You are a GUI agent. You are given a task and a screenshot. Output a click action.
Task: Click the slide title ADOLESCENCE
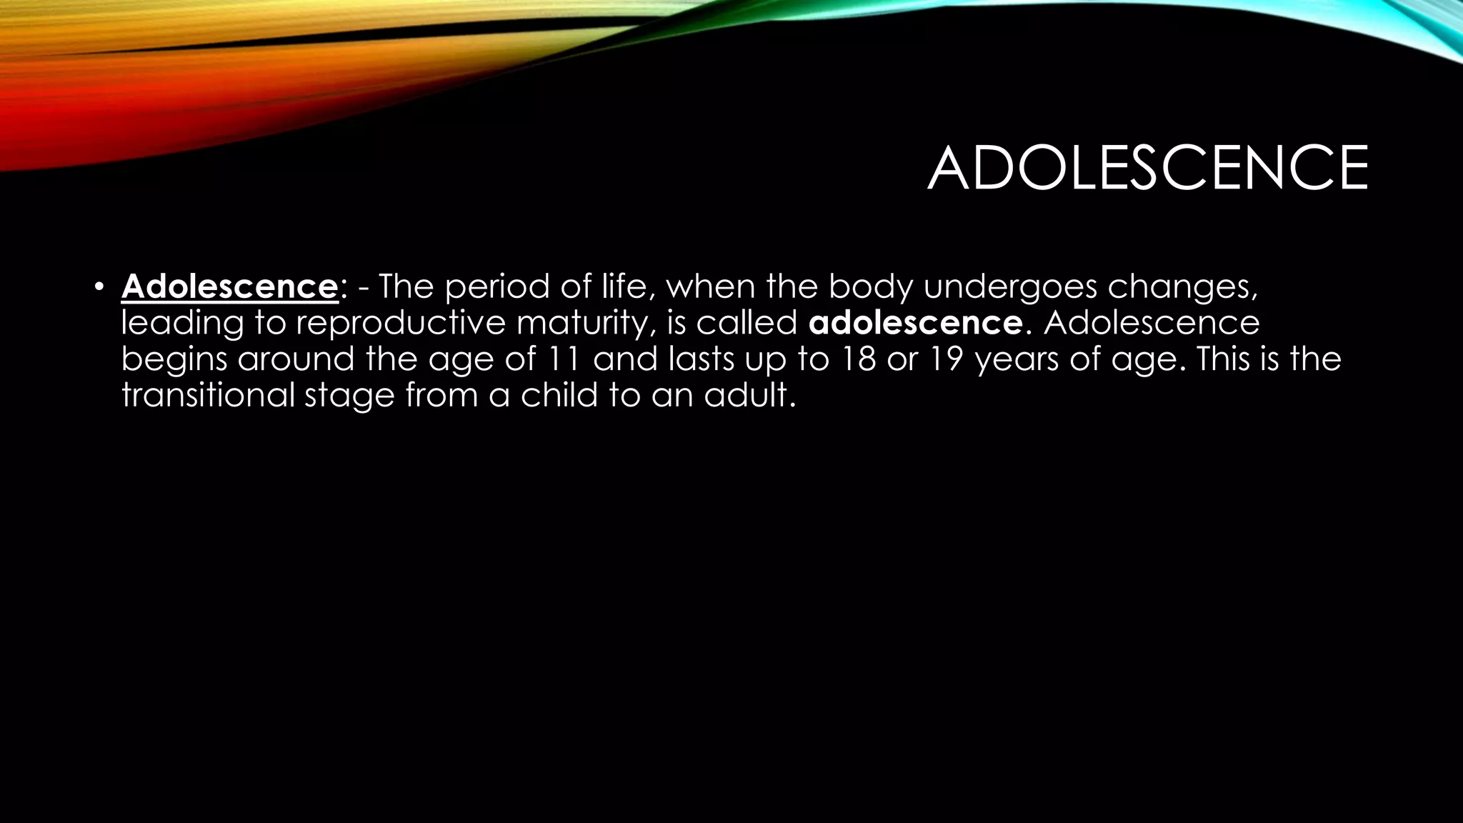click(1147, 169)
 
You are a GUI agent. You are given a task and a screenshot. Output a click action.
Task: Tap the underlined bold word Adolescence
click(229, 286)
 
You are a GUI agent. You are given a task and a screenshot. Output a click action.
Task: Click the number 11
click(563, 358)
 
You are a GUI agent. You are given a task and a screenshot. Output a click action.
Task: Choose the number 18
click(858, 358)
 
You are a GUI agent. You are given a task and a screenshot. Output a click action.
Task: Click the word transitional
click(208, 394)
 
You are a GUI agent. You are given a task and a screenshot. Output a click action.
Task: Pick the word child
click(559, 394)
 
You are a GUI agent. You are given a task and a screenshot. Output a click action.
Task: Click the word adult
click(748, 394)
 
